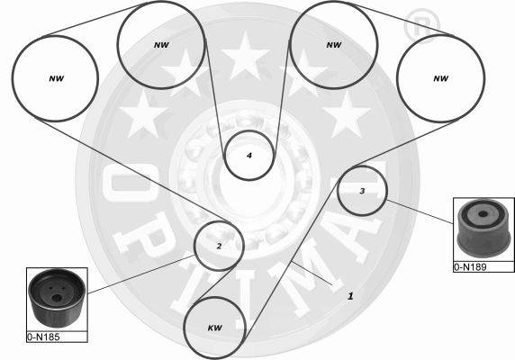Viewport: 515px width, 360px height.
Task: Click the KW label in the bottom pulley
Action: (215, 328)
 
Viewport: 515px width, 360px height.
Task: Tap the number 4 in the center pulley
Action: (249, 155)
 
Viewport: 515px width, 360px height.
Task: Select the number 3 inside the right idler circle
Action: (362, 191)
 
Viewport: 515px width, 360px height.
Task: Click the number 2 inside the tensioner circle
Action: (219, 246)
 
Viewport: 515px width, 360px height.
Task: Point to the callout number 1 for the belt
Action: (350, 296)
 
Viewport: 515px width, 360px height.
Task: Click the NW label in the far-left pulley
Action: (56, 78)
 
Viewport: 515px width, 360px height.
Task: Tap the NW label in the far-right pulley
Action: (441, 78)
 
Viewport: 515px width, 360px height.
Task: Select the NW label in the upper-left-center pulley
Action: (161, 45)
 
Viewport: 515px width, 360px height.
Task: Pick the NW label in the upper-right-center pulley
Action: (334, 45)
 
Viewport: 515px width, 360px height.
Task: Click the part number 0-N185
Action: (44, 337)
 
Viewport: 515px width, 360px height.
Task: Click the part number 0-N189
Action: (470, 267)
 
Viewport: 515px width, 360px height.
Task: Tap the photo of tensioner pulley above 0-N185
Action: (57, 298)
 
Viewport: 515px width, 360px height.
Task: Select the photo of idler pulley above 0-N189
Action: (483, 229)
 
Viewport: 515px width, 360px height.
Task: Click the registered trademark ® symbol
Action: (421, 25)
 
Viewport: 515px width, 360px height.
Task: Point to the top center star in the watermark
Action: (246, 57)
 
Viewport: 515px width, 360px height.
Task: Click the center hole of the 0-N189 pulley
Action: (483, 214)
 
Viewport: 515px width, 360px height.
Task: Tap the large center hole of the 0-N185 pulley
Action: (57, 298)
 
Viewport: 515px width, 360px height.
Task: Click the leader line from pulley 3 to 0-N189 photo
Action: (420, 211)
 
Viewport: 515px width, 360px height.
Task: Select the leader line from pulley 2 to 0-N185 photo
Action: (141, 274)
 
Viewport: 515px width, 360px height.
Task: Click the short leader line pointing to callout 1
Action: (312, 273)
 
